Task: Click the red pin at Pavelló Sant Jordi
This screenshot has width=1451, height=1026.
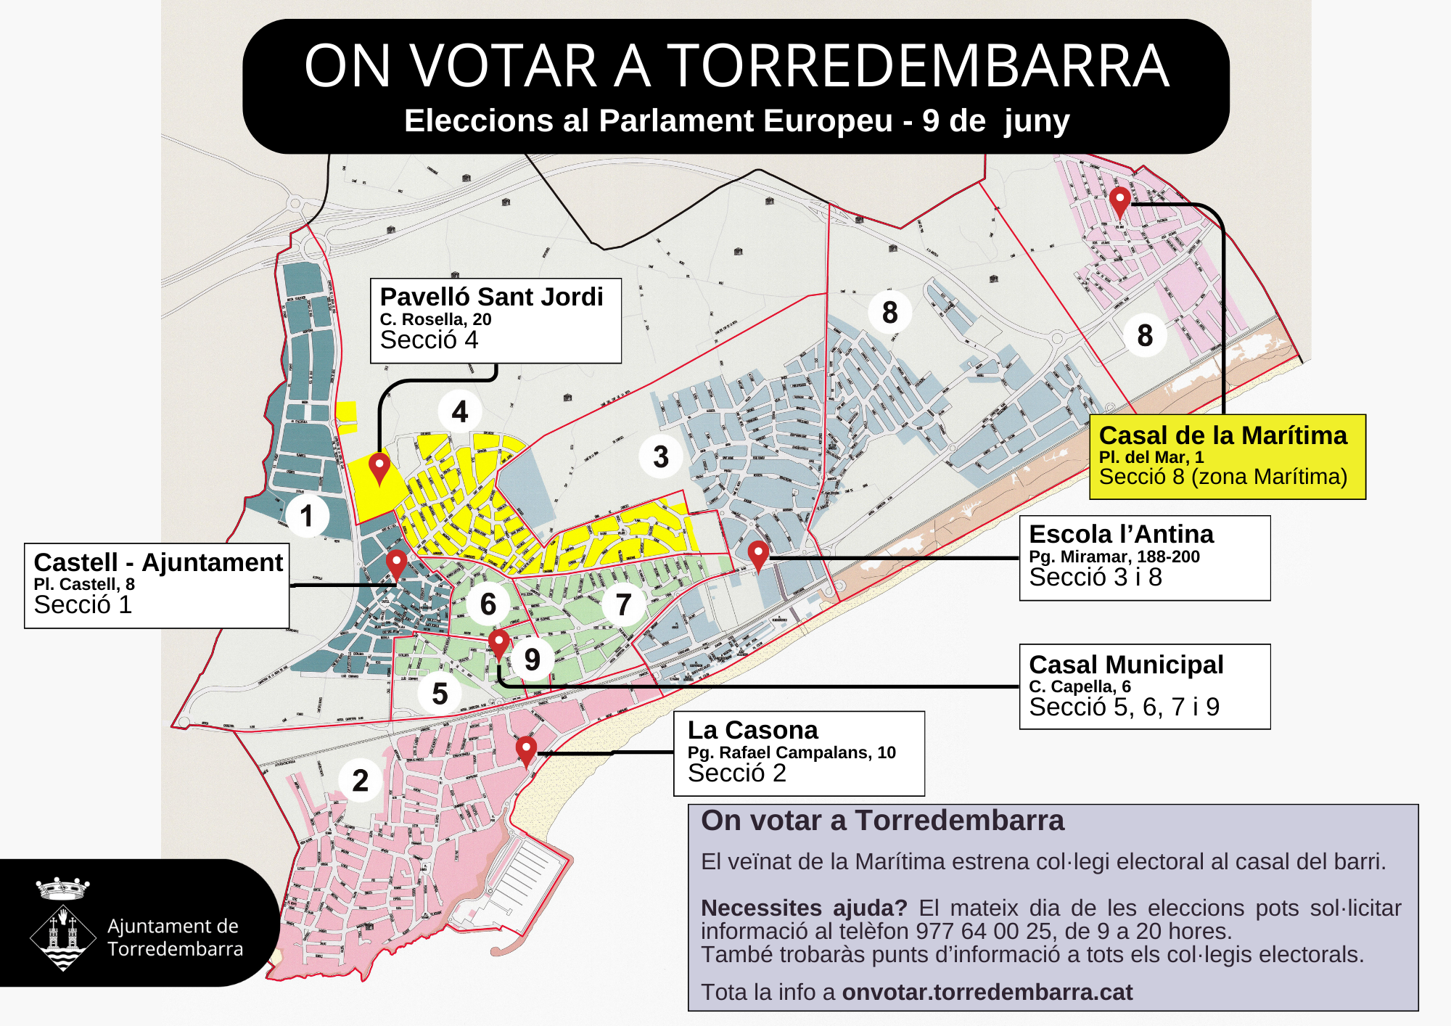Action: coord(379,466)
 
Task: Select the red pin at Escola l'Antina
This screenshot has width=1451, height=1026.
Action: coord(758,555)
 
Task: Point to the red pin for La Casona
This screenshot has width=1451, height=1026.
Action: coord(526,750)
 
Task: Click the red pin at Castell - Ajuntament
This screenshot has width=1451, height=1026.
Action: coord(396,563)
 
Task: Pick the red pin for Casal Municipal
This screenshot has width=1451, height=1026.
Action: coord(498,643)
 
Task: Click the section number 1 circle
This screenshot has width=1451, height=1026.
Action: coord(307,516)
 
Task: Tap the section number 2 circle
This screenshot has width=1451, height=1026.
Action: coord(361,781)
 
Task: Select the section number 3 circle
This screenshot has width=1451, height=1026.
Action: coord(660,456)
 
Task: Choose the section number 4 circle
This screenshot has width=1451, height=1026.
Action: coord(460,411)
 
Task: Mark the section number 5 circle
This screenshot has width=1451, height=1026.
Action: coord(440,694)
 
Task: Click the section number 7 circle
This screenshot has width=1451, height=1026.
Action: coord(623,604)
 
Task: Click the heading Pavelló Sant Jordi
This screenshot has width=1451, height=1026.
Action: coord(491,297)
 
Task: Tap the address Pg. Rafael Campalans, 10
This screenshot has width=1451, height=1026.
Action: coord(792,752)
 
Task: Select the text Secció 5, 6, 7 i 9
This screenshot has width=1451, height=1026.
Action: coord(1124,707)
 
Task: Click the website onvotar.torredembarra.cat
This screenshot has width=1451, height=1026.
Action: coord(987,992)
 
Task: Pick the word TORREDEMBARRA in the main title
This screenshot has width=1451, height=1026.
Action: coord(918,66)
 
